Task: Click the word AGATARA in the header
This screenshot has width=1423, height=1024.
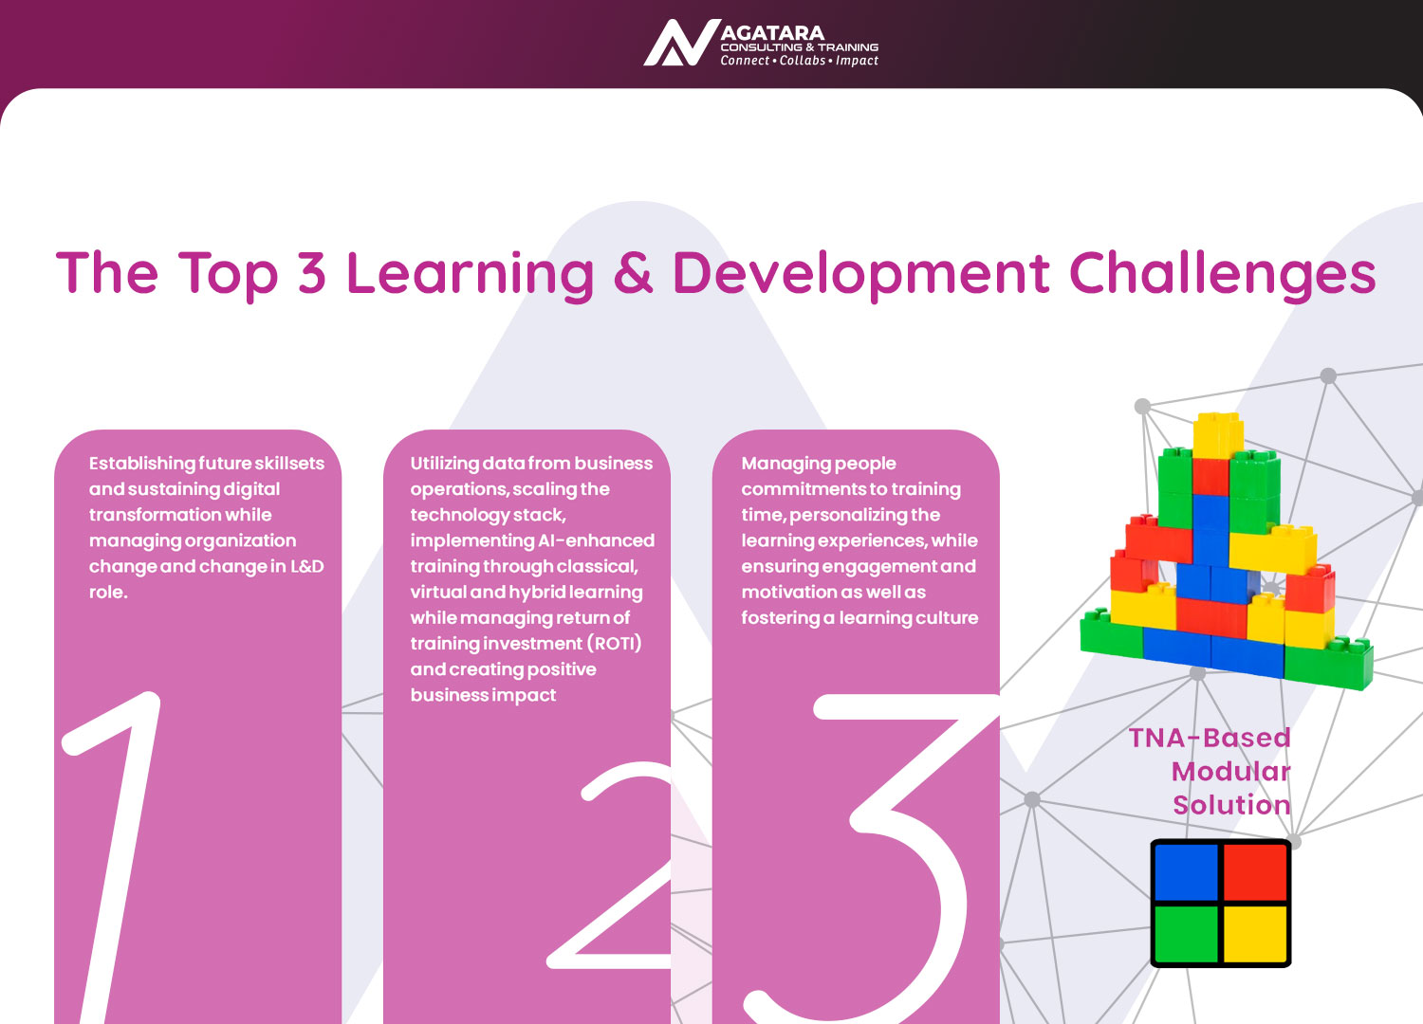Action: (772, 33)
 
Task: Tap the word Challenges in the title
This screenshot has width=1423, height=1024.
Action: (1223, 274)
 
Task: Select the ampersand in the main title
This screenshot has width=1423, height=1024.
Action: (634, 274)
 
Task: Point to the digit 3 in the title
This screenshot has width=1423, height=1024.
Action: (311, 274)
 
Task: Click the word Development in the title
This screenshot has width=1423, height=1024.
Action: (861, 275)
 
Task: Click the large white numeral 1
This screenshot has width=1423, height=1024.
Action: (112, 857)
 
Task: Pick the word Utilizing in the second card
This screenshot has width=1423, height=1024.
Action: (445, 464)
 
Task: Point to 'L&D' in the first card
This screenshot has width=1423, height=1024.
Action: (306, 566)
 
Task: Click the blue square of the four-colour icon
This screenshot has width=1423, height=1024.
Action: (1186, 871)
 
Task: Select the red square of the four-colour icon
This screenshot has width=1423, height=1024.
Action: (1255, 871)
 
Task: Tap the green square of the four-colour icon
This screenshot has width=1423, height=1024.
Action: (1186, 934)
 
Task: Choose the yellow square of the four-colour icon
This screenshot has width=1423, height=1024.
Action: (1255, 934)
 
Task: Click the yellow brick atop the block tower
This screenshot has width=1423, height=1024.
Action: (1218, 435)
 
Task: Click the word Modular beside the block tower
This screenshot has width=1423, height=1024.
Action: (1230, 772)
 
